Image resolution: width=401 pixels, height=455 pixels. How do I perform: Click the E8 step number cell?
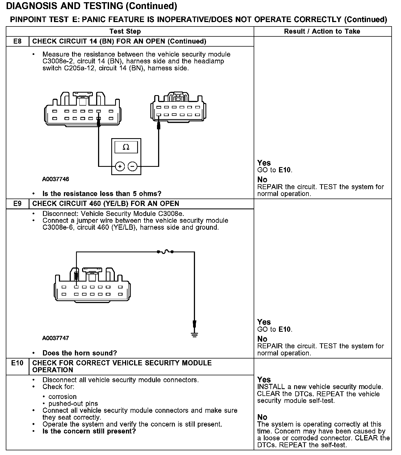pos(17,41)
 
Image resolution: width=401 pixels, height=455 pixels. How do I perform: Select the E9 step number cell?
pos(17,204)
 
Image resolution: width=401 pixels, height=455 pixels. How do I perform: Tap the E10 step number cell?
pos(17,363)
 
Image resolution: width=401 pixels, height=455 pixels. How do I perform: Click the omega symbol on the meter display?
pos(126,147)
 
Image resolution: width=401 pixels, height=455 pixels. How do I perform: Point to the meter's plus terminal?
pos(120,166)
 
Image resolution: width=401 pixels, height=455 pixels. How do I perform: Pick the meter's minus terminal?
pos(132,166)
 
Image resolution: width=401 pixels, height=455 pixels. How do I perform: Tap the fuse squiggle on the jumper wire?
pos(165,251)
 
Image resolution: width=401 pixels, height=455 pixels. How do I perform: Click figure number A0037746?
pos(55,179)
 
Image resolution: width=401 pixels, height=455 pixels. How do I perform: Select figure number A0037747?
pos(55,338)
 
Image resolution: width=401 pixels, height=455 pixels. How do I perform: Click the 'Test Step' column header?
pos(125,31)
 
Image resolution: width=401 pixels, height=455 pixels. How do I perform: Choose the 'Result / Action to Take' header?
pos(322,31)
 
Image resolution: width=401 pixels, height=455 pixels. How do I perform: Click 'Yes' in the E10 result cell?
pos(264,379)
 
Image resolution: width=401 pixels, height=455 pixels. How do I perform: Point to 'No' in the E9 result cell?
pos(262,339)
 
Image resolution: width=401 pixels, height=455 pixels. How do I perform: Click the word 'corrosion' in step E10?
pos(63,397)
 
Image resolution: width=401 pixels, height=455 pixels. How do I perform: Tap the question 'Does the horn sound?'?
pos(80,353)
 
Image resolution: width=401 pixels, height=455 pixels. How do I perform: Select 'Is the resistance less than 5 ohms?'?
pos(102,194)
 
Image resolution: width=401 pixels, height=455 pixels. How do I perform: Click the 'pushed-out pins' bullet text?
pos(73,403)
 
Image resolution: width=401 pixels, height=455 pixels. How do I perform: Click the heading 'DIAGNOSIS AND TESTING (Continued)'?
pos(91,6)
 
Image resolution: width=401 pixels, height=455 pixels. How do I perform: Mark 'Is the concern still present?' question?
pos(89,431)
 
